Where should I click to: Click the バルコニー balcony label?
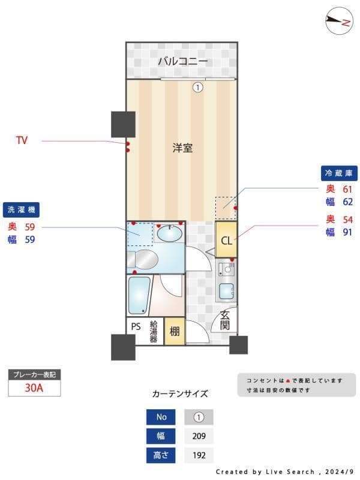183,61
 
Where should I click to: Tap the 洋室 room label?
182,148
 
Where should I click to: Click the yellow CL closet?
226,241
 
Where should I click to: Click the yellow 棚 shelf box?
174,331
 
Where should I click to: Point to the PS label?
136,328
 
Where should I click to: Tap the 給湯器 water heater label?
153,331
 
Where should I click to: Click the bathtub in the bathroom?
139,295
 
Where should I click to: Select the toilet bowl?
144,260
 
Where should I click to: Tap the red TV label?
22,141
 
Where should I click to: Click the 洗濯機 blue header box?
22,210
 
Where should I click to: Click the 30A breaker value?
34,388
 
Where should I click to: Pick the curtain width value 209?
199,436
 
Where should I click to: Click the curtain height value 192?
199,455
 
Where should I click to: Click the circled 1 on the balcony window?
197,88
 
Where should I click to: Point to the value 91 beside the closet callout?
347,232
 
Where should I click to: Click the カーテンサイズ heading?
180,394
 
